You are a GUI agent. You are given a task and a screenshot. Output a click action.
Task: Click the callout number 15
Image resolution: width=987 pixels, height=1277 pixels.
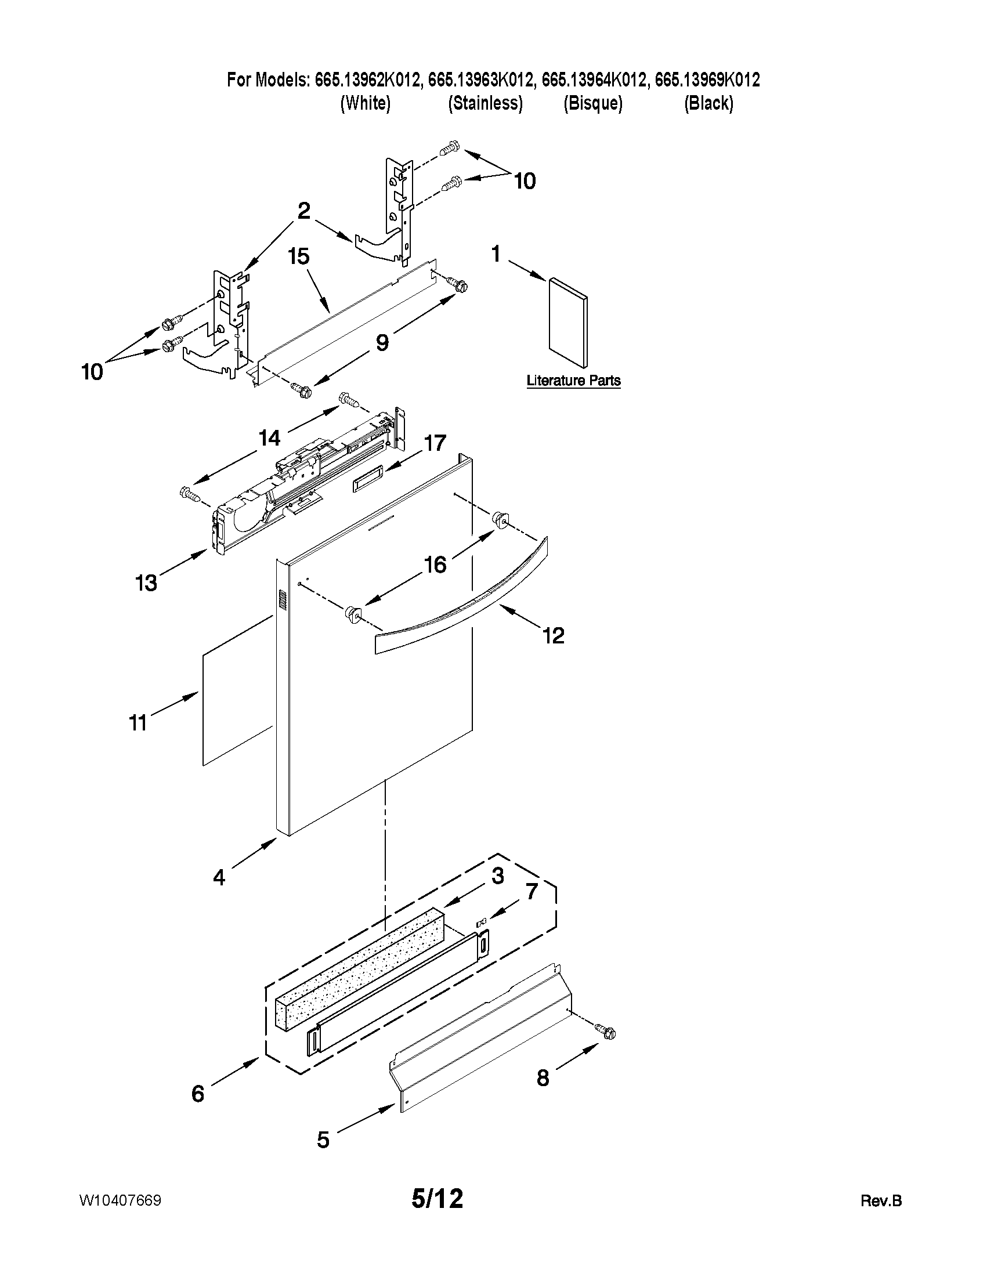coord(299,256)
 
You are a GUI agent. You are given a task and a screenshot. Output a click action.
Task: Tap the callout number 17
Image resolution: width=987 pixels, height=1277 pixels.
coord(435,443)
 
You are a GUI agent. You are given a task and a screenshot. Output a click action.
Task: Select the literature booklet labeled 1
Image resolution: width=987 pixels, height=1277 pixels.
coord(567,323)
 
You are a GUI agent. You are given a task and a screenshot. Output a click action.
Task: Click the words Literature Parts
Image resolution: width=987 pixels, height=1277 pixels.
coord(573,381)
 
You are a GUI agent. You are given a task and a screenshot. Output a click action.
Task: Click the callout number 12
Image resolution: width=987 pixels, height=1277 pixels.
coord(553,635)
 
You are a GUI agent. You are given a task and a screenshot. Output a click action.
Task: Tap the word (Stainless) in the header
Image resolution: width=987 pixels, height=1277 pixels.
coord(485,103)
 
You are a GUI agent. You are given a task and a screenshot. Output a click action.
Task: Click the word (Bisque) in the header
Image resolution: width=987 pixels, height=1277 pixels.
coord(593,103)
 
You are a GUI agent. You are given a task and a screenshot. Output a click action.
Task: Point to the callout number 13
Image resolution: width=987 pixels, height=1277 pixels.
coord(146,583)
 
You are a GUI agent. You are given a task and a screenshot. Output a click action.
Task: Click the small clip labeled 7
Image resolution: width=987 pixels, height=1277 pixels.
coord(482,923)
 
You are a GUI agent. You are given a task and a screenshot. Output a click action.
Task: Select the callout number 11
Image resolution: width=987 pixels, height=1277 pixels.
coord(138,723)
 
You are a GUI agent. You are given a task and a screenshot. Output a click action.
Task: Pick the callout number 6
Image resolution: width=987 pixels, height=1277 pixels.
coord(198,1094)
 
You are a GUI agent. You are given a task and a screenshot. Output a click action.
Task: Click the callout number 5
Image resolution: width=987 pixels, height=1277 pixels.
coord(323,1139)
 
